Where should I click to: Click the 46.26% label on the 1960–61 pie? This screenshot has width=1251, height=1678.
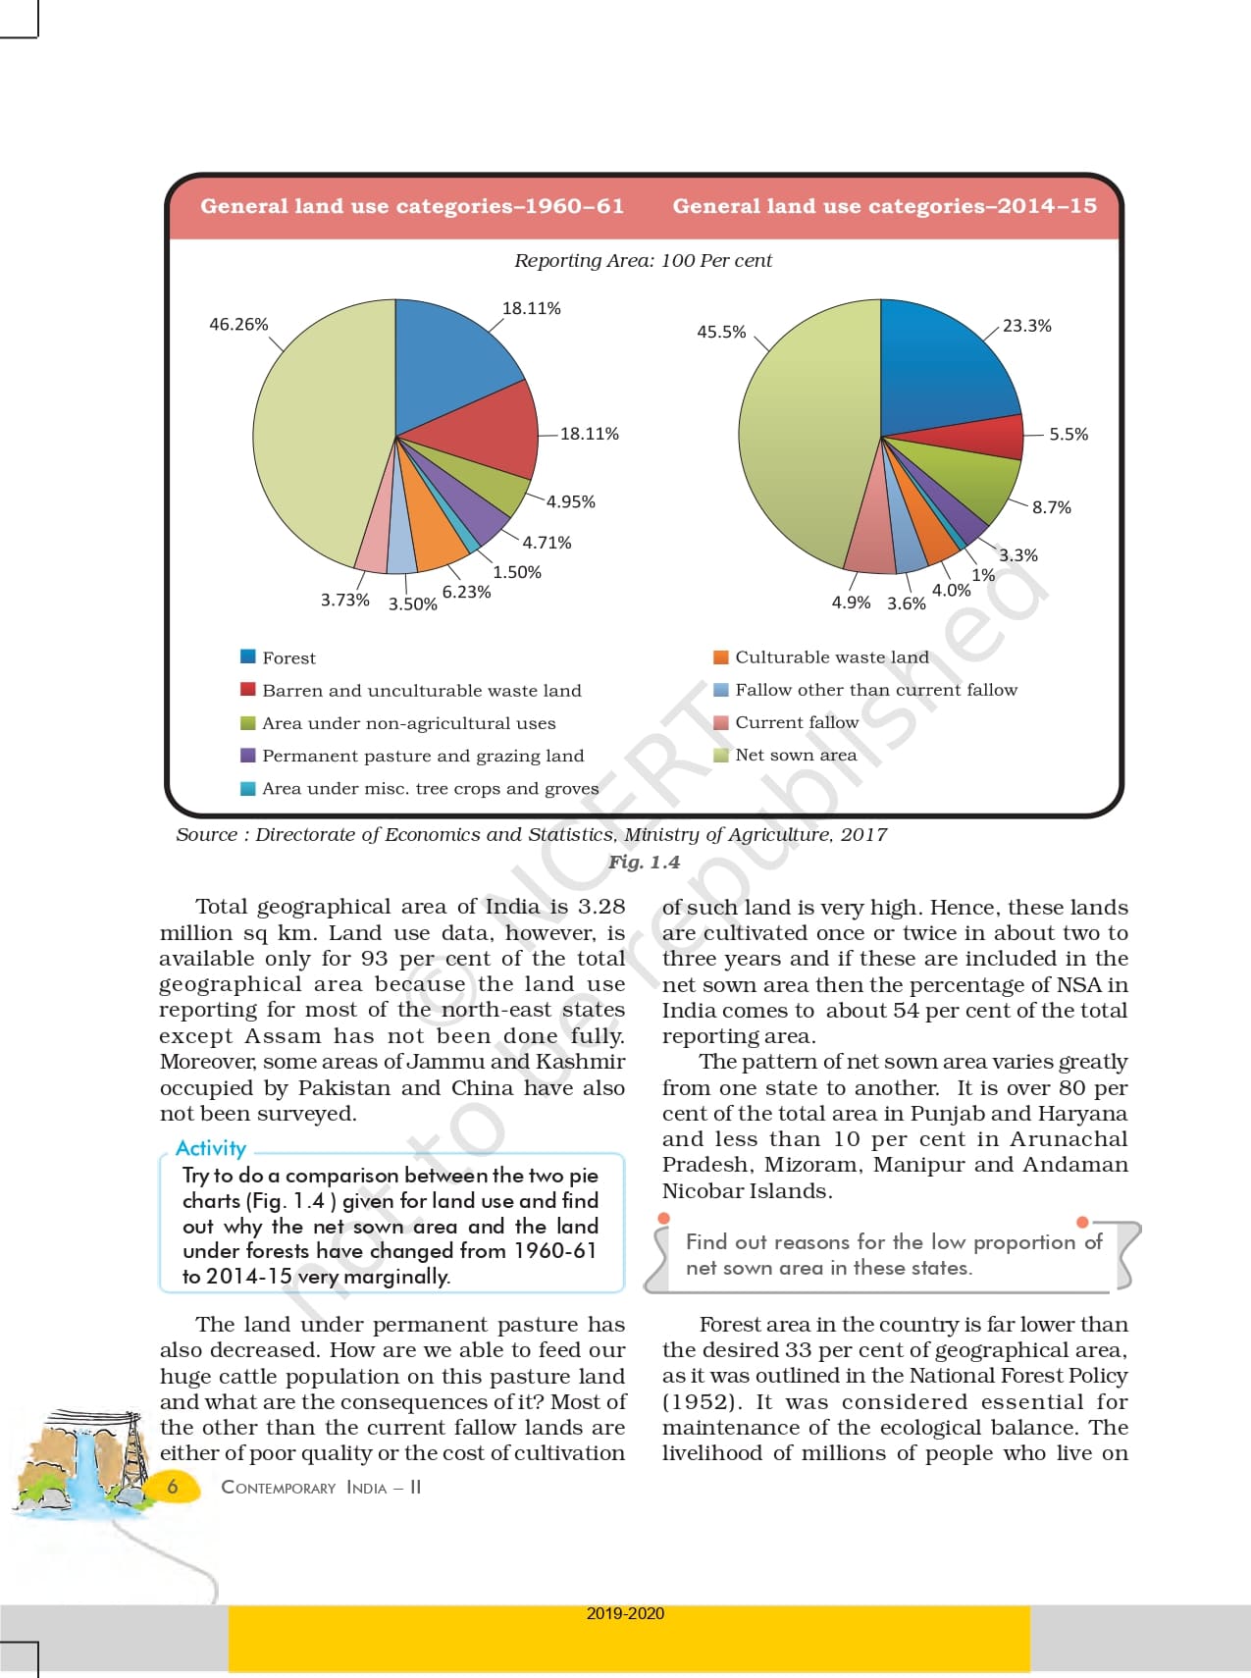click(x=238, y=324)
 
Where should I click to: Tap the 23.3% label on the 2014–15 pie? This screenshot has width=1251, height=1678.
click(x=1026, y=326)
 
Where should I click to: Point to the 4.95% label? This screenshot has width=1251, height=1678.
click(x=571, y=501)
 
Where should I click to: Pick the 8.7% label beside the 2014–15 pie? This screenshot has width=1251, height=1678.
click(x=1051, y=507)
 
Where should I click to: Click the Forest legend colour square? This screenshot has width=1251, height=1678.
click(x=248, y=656)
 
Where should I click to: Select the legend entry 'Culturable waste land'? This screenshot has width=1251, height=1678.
click(x=831, y=657)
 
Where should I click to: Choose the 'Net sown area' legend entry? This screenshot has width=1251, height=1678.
click(x=796, y=755)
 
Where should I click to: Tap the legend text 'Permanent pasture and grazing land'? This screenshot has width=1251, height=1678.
click(x=423, y=756)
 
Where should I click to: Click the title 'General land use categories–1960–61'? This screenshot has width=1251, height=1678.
click(x=412, y=206)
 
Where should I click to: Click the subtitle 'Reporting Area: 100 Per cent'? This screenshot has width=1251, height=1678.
click(x=643, y=261)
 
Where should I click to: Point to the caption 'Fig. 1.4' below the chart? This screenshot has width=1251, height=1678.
click(x=644, y=862)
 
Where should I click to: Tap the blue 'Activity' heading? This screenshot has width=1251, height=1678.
click(x=211, y=1148)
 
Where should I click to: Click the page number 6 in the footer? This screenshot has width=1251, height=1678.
click(x=173, y=1486)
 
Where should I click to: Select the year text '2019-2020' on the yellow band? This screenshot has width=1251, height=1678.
click(x=625, y=1613)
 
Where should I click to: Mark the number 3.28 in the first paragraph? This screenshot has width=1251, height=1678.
click(x=601, y=907)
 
